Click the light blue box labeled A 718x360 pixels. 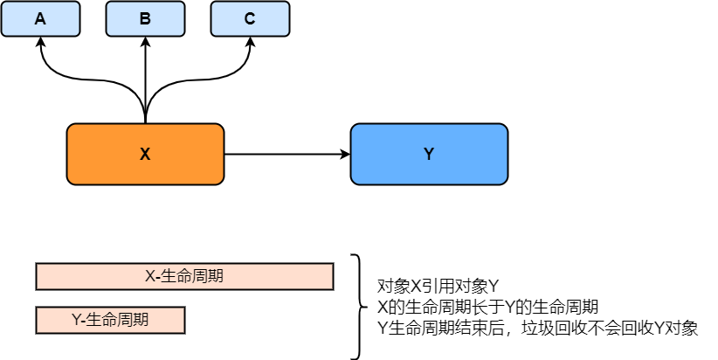(x=40, y=18)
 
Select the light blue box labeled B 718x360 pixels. (x=145, y=18)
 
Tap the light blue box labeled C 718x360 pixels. (x=250, y=18)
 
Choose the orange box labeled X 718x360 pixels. (x=145, y=154)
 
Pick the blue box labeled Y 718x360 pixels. (x=429, y=154)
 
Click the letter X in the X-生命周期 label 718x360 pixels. (x=149, y=276)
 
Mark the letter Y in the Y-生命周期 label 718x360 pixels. (x=76, y=320)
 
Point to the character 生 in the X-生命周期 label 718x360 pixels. (x=168, y=276)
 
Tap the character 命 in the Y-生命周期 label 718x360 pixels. (x=110, y=320)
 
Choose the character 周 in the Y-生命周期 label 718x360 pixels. (x=126, y=320)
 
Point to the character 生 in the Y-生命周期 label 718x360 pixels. (x=94, y=320)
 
